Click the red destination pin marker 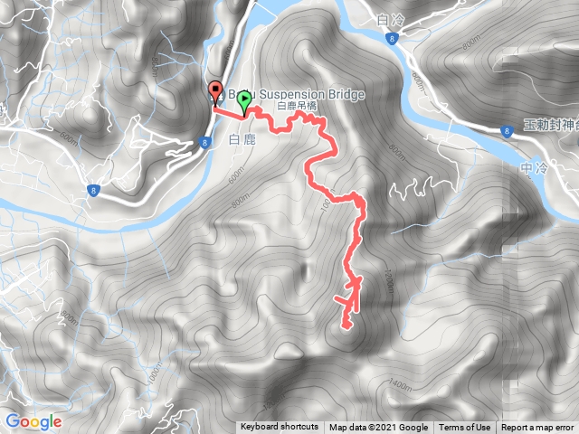tap(215, 91)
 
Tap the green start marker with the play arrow tap(243, 104)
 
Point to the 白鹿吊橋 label tap(297, 107)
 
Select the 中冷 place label tap(535, 168)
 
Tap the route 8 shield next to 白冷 tap(391, 38)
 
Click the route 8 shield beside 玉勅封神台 tap(504, 129)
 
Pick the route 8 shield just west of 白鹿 tap(205, 141)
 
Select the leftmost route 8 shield tap(93, 190)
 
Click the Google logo tap(33, 421)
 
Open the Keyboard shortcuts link tap(280, 428)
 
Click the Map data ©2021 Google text tap(378, 428)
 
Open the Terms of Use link tap(465, 428)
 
